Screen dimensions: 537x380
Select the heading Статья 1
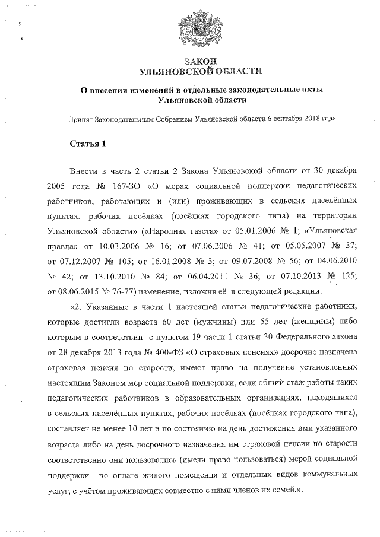click(x=88, y=144)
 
